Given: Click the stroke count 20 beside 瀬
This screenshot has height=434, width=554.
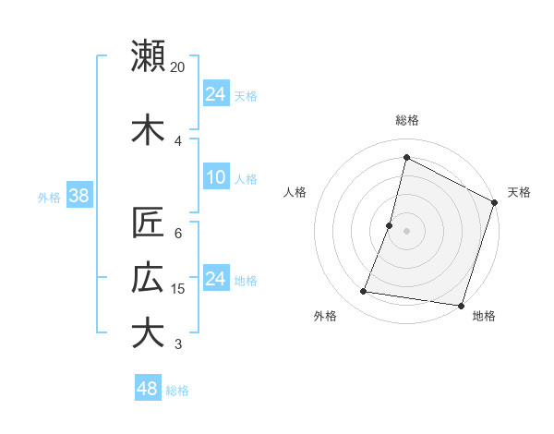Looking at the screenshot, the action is pos(178,67).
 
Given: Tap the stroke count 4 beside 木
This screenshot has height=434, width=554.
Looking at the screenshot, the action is pos(178,140).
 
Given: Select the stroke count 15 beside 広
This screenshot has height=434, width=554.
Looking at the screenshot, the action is pos(178,289).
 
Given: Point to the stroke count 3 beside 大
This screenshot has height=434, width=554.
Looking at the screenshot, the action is pos(178,344).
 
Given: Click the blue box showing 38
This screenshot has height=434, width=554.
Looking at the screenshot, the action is pos(78,196).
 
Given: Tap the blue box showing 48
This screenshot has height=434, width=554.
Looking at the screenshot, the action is pos(148,389).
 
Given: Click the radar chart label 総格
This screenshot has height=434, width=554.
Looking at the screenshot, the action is pos(406,120).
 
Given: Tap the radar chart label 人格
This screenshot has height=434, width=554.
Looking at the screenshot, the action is pos(295,192).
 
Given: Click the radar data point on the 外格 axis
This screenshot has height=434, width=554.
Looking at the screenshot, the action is pos(364,292).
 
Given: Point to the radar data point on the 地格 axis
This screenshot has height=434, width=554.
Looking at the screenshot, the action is pos(461,305).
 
